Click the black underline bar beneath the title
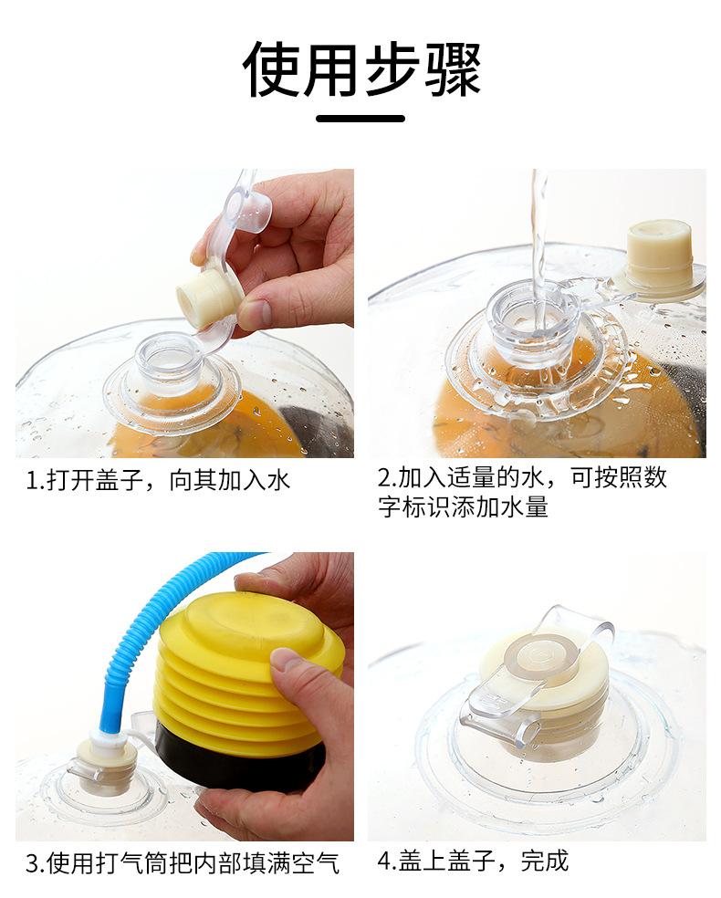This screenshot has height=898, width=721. [x=360, y=119]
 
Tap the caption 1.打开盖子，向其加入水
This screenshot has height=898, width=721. [x=159, y=480]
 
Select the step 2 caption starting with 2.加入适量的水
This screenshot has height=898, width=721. [x=522, y=491]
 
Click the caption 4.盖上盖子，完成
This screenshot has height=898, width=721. [x=473, y=861]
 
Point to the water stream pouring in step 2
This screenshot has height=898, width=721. [x=538, y=252]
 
